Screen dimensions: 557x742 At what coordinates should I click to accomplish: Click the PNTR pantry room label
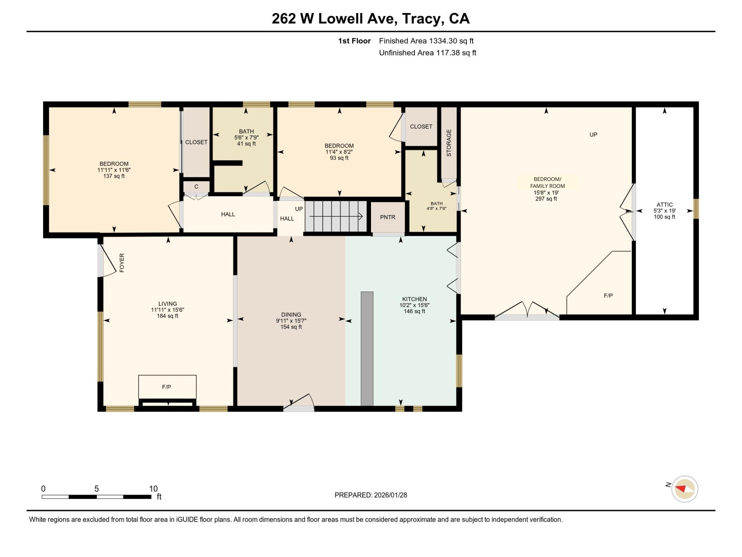coord(387,217)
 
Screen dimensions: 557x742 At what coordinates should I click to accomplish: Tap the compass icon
coord(685,489)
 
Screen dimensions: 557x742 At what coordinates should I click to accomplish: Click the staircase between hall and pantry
coord(336,216)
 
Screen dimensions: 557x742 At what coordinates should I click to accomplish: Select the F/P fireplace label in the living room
coord(166,387)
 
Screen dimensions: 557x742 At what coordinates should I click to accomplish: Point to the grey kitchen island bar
coord(367,348)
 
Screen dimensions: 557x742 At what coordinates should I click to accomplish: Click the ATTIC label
coord(664,205)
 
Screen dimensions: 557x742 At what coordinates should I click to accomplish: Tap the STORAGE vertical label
coord(449,143)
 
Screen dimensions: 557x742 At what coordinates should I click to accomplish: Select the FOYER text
coord(122,263)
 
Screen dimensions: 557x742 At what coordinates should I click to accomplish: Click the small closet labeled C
coord(196,187)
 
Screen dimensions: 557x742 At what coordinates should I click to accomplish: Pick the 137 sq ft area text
coord(114,176)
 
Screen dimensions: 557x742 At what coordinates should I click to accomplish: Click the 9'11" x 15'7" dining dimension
coord(291,321)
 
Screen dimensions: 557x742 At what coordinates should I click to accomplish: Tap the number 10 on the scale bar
coord(153,488)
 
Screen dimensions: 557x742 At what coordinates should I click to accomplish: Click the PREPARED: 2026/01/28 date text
coord(371,495)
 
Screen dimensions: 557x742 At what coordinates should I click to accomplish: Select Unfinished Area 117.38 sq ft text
coord(427,53)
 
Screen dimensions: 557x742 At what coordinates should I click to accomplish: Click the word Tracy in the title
coord(423,19)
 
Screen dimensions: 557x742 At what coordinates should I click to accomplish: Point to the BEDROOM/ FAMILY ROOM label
coord(547,182)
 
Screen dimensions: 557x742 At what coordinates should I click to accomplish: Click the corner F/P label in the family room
coord(608,296)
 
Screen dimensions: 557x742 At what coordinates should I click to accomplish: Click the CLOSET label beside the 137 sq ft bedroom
coord(196,142)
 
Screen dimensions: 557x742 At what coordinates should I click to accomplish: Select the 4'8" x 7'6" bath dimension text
coord(436,209)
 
